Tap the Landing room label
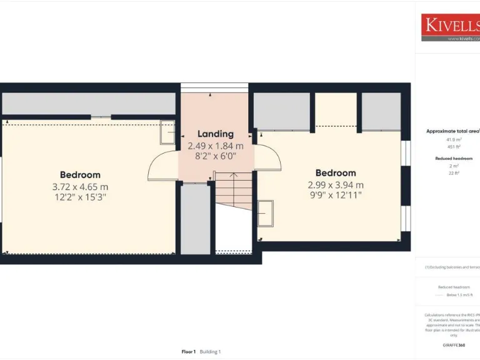pos(216,134)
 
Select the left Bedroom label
pos(80,175)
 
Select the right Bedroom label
pos(336,173)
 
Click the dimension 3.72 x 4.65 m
pos(80,186)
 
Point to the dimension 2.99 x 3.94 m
pos(336,184)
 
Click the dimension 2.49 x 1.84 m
pos(216,145)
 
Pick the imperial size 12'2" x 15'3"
pos(80,197)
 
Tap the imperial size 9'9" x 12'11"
pos(336,195)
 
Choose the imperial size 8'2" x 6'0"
pos(216,156)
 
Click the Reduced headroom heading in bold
pos(454,159)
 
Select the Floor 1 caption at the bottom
pos(189,352)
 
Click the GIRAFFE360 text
pos(454,345)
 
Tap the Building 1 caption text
pos(211,352)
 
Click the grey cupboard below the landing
pos(196,219)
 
